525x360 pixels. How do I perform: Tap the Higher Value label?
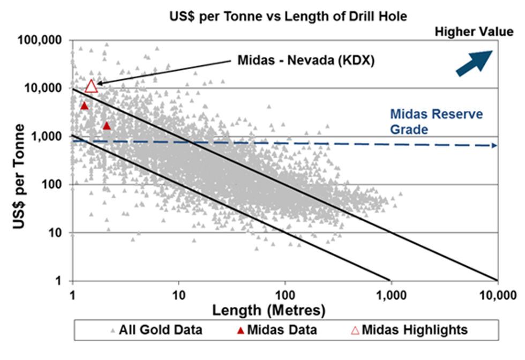pos(474,32)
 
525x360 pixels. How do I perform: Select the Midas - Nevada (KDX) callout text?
pos(305,61)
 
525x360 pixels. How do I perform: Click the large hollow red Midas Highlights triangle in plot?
pos(92,86)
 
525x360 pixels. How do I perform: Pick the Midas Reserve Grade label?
pos(436,121)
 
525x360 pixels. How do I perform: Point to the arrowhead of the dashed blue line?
pos(494,146)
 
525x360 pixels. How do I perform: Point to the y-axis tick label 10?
pos(56,233)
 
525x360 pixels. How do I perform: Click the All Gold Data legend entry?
pos(155,330)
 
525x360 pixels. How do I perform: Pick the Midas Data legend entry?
pos(279,330)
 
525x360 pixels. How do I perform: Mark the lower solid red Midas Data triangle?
pos(107,126)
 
